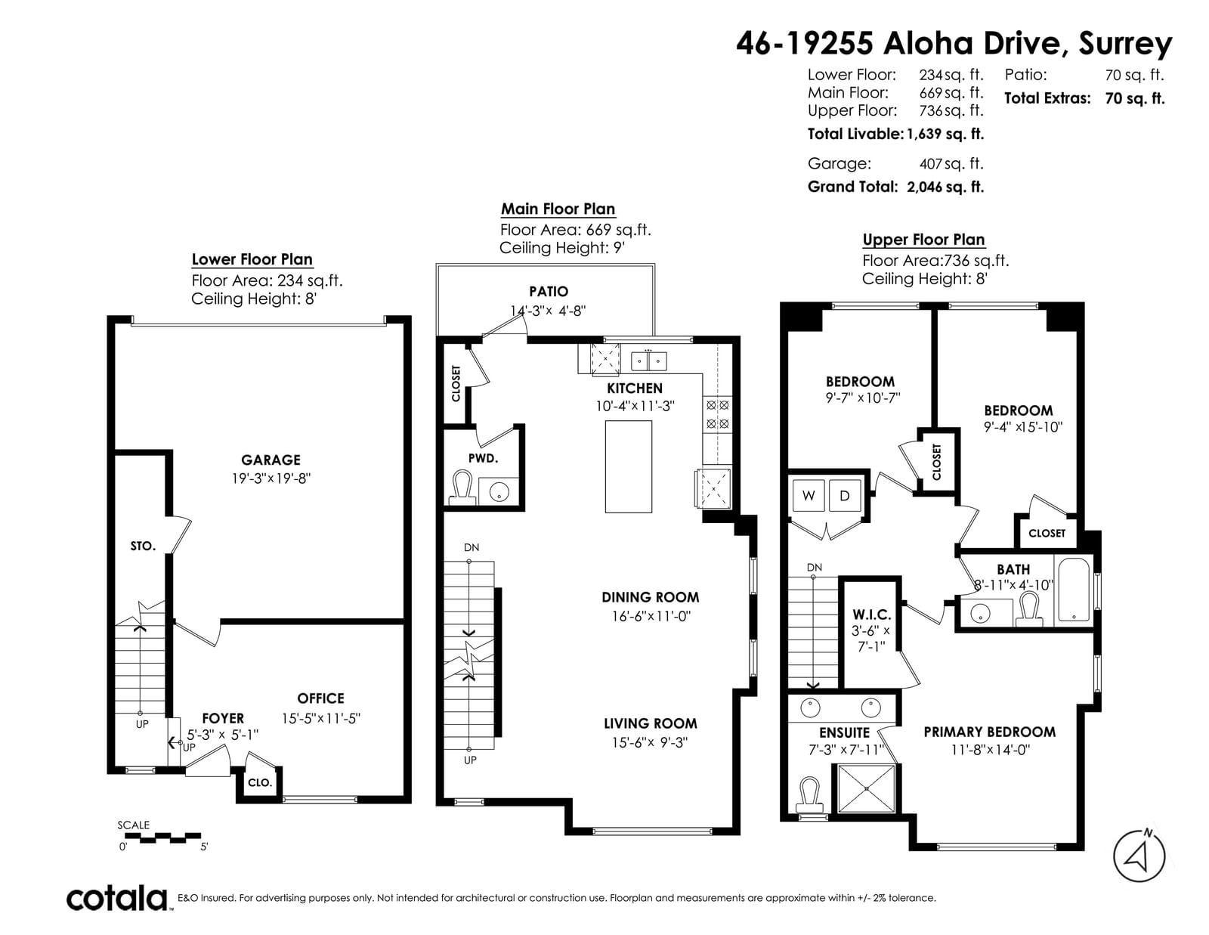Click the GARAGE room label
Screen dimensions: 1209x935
coord(271,460)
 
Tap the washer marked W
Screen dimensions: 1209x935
coord(809,495)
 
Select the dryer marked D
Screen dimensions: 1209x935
coord(845,495)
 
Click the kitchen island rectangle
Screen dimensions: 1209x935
coord(628,466)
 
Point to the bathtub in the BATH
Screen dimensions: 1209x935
coord(1073,590)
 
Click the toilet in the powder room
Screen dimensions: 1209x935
coord(462,487)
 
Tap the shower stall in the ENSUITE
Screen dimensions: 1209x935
coord(866,789)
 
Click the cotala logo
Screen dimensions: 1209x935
coord(117,897)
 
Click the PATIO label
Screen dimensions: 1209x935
coord(549,291)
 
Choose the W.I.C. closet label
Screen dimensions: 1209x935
coord(872,615)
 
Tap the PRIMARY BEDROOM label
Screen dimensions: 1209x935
coord(990,732)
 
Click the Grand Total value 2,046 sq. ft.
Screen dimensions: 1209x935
coord(945,187)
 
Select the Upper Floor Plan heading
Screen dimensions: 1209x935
coord(923,240)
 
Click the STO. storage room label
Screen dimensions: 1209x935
coord(142,546)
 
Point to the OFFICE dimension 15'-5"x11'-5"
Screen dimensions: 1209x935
coord(321,718)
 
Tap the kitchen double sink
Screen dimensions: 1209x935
coord(649,361)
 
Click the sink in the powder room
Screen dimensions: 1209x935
coord(499,492)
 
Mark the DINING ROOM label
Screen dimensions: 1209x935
coord(651,597)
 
